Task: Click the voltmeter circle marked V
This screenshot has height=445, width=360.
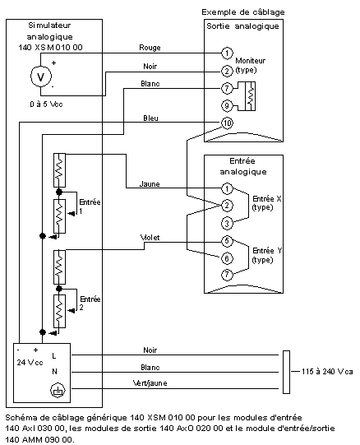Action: click(41, 76)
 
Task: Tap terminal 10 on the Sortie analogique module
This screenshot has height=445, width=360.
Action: click(227, 123)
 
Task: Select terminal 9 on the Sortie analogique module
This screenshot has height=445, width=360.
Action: click(227, 105)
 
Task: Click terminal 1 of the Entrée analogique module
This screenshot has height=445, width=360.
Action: click(227, 188)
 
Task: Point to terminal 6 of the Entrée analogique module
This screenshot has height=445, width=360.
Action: click(227, 258)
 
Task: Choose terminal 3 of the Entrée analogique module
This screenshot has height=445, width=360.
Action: click(227, 224)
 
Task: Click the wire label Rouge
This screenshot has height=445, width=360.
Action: click(150, 48)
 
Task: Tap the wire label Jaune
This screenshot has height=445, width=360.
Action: click(150, 184)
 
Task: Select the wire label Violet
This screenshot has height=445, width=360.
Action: click(150, 237)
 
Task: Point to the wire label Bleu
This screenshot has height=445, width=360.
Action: click(150, 118)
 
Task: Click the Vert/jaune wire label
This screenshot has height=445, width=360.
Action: click(150, 383)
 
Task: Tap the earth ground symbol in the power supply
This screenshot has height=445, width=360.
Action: click(58, 390)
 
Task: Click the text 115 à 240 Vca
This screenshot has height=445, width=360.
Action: click(327, 371)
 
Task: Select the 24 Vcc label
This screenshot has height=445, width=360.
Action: click(30, 363)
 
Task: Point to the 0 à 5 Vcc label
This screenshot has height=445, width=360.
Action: click(46, 104)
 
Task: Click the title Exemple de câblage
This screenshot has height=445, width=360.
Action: click(243, 12)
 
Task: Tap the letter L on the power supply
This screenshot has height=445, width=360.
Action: click(54, 355)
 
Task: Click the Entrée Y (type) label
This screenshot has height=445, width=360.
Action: click(267, 255)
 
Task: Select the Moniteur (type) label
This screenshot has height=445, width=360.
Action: click(250, 65)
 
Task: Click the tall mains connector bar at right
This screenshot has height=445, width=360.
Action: click(287, 372)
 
